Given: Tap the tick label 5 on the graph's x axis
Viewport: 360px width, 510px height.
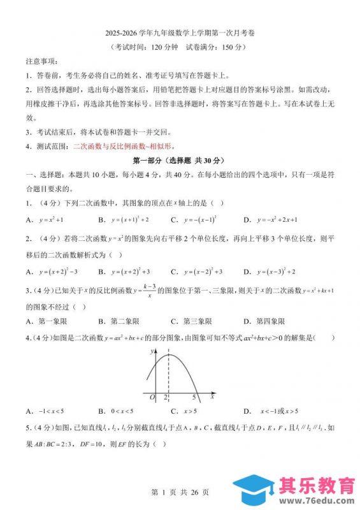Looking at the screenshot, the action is pyautogui.click(x=194, y=397).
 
